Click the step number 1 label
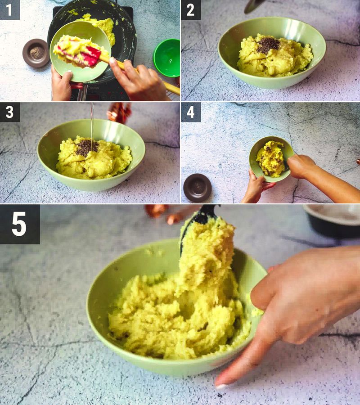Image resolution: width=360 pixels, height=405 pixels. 9,9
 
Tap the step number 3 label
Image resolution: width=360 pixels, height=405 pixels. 9,112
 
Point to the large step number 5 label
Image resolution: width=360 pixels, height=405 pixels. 19,224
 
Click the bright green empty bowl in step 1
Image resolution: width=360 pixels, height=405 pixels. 166,58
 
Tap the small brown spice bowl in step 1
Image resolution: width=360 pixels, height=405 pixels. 36,53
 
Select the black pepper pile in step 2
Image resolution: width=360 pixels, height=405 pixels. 268,45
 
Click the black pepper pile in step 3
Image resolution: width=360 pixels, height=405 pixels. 87,148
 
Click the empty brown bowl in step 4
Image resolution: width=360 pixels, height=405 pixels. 197,187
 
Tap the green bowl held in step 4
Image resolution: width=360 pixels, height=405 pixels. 270,158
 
